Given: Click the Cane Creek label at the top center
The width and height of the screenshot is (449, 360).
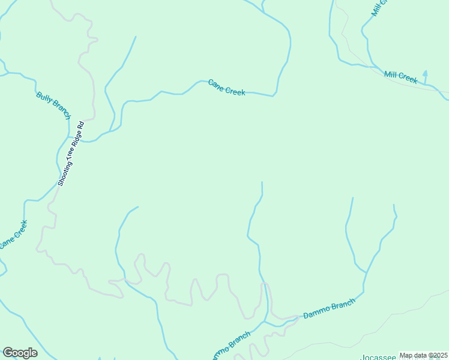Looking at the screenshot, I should (x=226, y=87).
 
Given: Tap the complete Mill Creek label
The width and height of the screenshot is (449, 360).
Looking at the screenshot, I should (x=400, y=76).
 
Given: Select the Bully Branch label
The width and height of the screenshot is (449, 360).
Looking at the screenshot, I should (x=53, y=105).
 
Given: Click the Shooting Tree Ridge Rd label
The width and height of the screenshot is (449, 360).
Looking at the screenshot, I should (x=71, y=153).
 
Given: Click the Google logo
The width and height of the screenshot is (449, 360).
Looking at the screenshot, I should (x=20, y=353).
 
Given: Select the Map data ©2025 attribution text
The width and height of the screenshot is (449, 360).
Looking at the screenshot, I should (x=423, y=355).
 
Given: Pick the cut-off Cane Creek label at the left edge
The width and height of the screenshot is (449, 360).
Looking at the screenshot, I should (x=13, y=235).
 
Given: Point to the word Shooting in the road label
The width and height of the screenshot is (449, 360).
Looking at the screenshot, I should (x=64, y=172).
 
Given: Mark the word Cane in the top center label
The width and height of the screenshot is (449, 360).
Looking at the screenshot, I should (x=215, y=84).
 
